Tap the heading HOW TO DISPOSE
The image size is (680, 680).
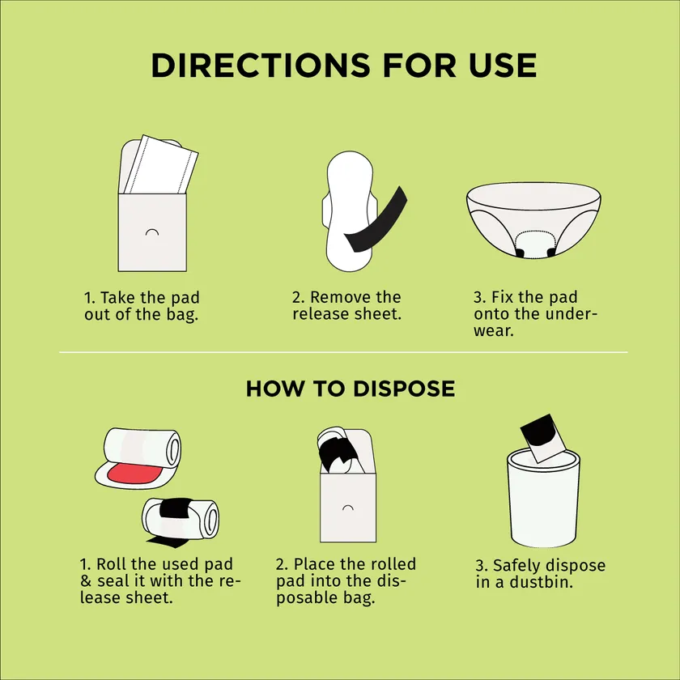tap(351, 389)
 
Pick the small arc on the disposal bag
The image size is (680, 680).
tap(348, 508)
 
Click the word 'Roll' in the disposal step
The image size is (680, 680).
tap(113, 563)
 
